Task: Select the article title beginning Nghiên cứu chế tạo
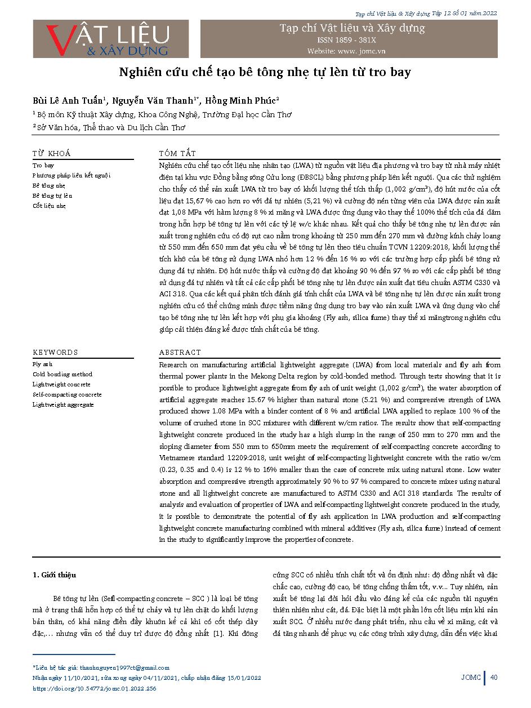click(x=265, y=72)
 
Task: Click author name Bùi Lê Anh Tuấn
click(x=68, y=101)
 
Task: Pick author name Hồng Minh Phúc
click(x=242, y=101)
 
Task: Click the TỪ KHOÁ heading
click(x=51, y=153)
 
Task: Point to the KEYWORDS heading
click(x=55, y=353)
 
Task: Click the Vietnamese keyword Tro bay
click(x=43, y=166)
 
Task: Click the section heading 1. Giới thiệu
click(x=54, y=575)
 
